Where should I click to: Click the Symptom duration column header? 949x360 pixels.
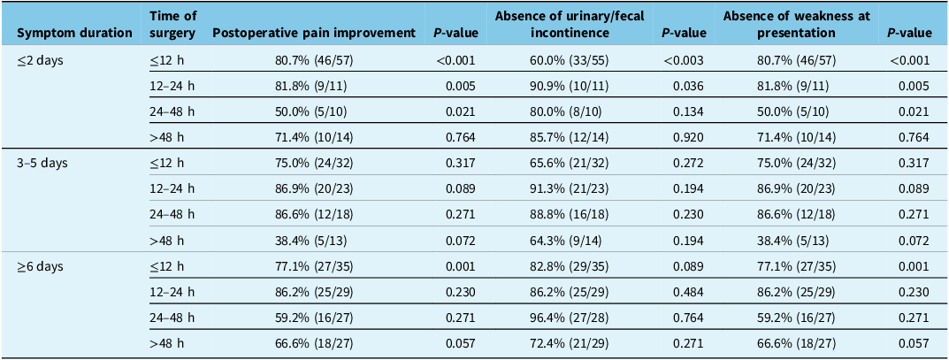(75, 34)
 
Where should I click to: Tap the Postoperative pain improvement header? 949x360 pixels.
(314, 34)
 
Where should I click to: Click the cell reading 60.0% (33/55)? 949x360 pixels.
(570, 60)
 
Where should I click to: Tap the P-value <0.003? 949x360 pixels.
(684, 60)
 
